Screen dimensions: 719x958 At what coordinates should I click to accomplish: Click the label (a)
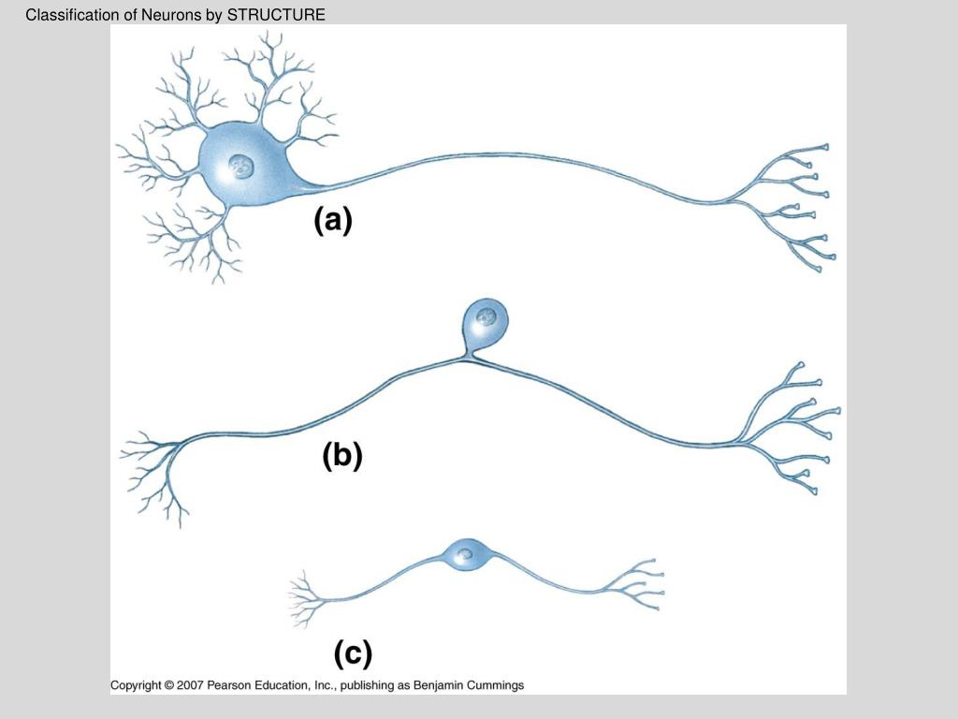pyautogui.click(x=332, y=222)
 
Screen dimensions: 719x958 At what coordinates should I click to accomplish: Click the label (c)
pyautogui.click(x=353, y=653)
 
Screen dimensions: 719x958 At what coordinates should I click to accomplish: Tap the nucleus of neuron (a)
pyautogui.click(x=241, y=168)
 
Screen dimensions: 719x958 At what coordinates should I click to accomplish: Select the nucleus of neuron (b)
pyautogui.click(x=486, y=315)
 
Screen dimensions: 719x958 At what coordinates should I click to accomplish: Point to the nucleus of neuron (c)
pyautogui.click(x=465, y=554)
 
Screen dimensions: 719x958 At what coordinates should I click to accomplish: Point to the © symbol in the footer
pyautogui.click(x=168, y=685)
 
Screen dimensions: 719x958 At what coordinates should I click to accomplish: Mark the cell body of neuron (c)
pyautogui.click(x=464, y=555)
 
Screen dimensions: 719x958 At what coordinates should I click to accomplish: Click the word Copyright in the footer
pyautogui.click(x=136, y=685)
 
